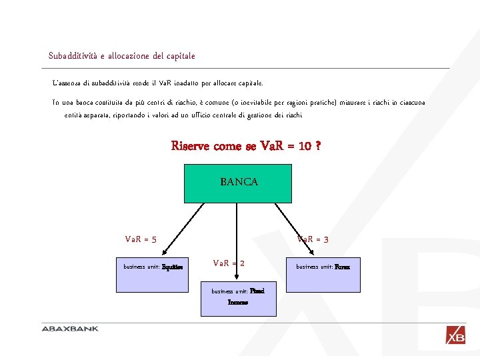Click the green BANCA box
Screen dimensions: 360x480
pos(229,181)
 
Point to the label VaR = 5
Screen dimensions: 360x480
pos(141,239)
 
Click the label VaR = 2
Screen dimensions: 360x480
pos(228,263)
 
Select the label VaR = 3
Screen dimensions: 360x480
pos(313,239)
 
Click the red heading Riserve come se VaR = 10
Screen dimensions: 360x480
pos(246,145)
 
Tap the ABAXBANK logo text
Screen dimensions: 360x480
pos(70,329)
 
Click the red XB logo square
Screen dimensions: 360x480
pos(456,335)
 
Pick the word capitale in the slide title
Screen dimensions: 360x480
pos(180,56)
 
